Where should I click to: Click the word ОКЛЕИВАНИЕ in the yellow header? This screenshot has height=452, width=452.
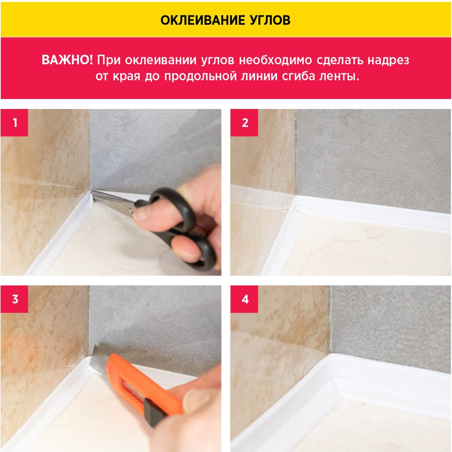(198, 20)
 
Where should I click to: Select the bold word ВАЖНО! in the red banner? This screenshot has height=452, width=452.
(67, 60)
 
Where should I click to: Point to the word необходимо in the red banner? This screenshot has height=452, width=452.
(275, 60)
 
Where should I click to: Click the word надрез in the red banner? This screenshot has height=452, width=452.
(388, 61)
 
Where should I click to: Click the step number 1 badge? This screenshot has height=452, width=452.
(14, 122)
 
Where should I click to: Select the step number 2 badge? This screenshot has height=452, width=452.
(244, 122)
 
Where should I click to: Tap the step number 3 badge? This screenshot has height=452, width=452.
(14, 299)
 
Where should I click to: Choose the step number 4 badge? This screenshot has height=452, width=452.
(244, 299)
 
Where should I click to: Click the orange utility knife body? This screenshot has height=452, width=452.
(144, 384)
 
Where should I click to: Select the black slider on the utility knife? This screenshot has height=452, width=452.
(155, 412)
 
